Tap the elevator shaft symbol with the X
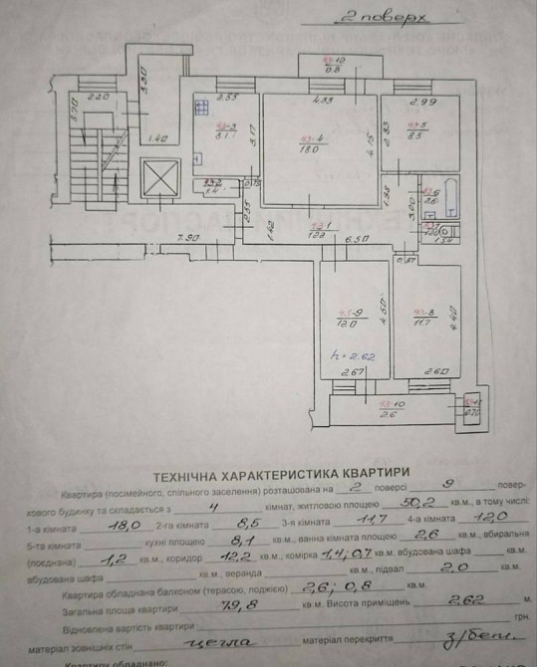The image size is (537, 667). click(x=159, y=180)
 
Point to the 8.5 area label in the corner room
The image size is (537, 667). click(x=416, y=136)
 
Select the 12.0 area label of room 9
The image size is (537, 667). click(x=344, y=325)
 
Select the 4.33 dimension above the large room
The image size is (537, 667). click(x=320, y=100)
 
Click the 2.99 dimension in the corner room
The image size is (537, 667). click(x=418, y=102)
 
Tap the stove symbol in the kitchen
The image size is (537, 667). click(x=201, y=103)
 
